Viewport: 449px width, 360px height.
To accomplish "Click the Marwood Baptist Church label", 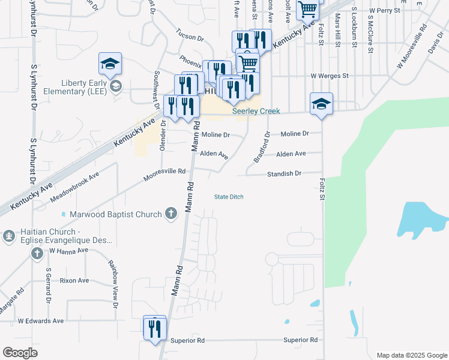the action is pyautogui.click(x=116, y=214).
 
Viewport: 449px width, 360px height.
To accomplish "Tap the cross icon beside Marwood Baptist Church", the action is pyautogui.click(x=171, y=214).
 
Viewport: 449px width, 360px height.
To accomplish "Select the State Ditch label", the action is pyautogui.click(x=229, y=197).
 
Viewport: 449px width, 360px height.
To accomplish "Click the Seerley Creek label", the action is pyautogui.click(x=256, y=112).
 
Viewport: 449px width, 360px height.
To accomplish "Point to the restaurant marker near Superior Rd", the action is pyautogui.click(x=154, y=328).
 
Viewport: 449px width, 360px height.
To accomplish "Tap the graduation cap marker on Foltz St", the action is pyautogui.click(x=321, y=104).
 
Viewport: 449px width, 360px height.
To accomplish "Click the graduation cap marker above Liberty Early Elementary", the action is pyautogui.click(x=110, y=64).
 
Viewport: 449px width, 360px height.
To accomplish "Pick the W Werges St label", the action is pyautogui.click(x=329, y=76).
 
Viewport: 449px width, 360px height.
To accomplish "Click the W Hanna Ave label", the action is pyautogui.click(x=69, y=250).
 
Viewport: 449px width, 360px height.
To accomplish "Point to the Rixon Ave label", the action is pyautogui.click(x=74, y=280).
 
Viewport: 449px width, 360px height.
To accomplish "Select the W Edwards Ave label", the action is pyautogui.click(x=41, y=321).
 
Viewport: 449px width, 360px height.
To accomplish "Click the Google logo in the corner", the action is pyautogui.click(x=20, y=353).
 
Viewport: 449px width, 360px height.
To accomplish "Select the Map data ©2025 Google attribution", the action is pyautogui.click(x=411, y=355).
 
